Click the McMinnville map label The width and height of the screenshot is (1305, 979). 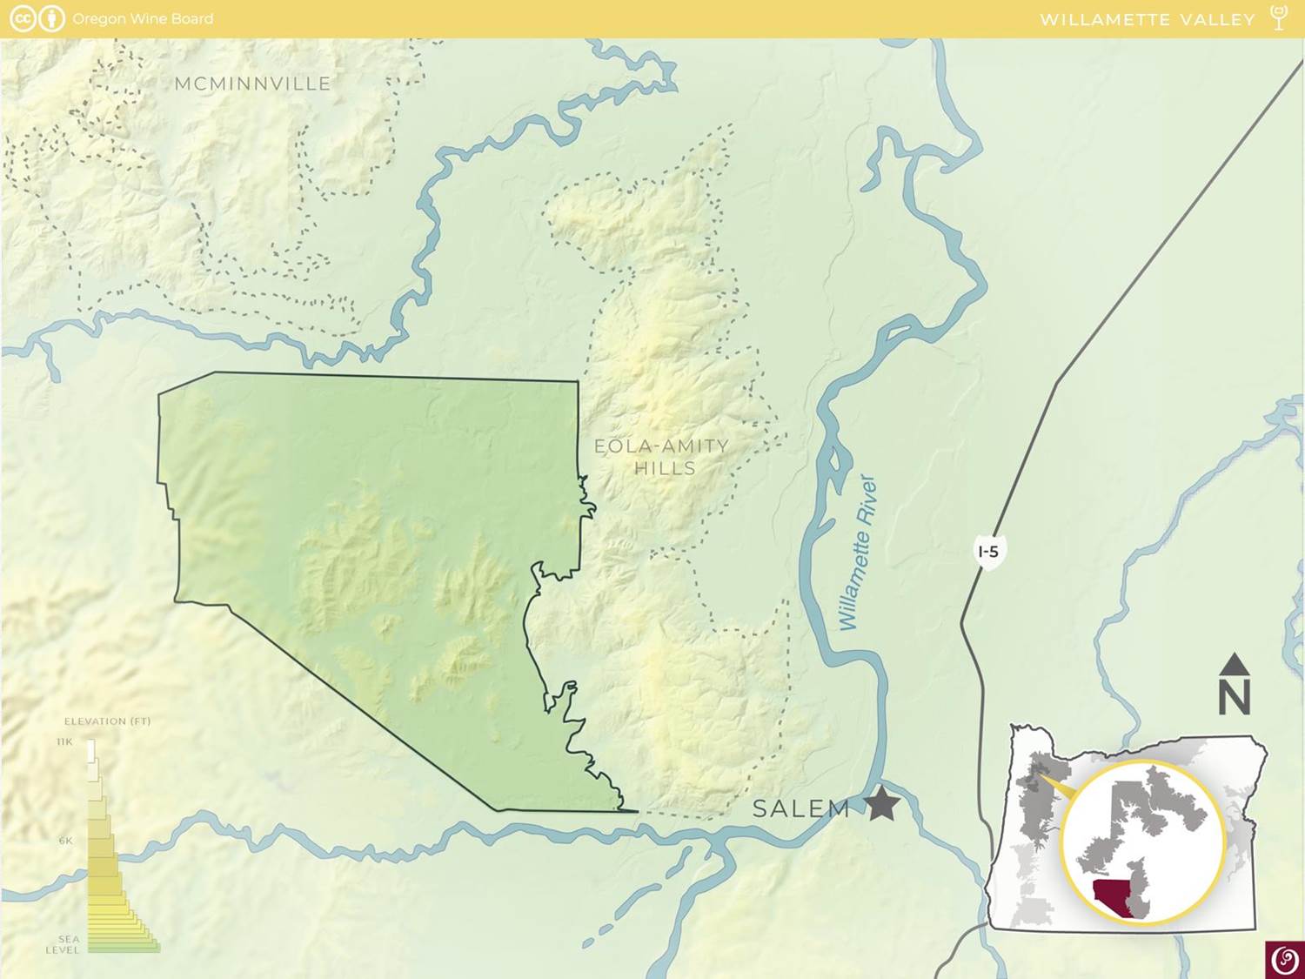[x=252, y=84]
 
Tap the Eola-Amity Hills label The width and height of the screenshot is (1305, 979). [x=661, y=457]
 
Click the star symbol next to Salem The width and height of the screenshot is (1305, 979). [x=882, y=804]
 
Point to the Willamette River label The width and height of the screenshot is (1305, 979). [x=858, y=553]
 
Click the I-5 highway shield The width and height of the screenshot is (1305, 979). [x=988, y=552]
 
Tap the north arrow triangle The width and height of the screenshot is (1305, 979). [x=1235, y=665]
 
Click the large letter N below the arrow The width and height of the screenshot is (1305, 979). [x=1235, y=697]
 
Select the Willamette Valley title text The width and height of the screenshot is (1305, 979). [x=1148, y=19]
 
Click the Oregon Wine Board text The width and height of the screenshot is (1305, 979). [x=143, y=18]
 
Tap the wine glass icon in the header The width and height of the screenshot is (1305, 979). [x=1278, y=17]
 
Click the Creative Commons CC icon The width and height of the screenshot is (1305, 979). [x=23, y=18]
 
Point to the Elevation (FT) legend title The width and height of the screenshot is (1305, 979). [x=107, y=721]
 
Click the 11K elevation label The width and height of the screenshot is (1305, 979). [x=64, y=741]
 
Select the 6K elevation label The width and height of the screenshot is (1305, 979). [x=65, y=841]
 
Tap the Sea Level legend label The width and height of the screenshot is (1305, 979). [x=64, y=944]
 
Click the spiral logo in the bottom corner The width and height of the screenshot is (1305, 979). [x=1284, y=960]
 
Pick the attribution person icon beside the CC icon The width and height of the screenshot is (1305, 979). [x=52, y=18]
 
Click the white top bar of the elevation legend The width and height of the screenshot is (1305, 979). [x=91, y=748]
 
